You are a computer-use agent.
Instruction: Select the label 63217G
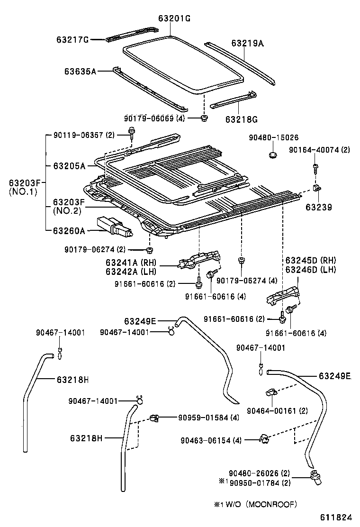tap(72, 40)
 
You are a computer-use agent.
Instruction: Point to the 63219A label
tap(247, 43)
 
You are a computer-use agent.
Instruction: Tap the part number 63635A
tap(81, 72)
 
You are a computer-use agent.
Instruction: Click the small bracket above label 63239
tap(318, 188)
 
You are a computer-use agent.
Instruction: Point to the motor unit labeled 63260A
tap(114, 227)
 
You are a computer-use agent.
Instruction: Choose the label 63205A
tap(69, 166)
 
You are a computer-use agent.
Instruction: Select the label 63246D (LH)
tap(311, 270)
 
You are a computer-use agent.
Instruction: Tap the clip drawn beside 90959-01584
tap(153, 418)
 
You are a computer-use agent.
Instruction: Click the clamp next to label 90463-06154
tap(264, 438)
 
